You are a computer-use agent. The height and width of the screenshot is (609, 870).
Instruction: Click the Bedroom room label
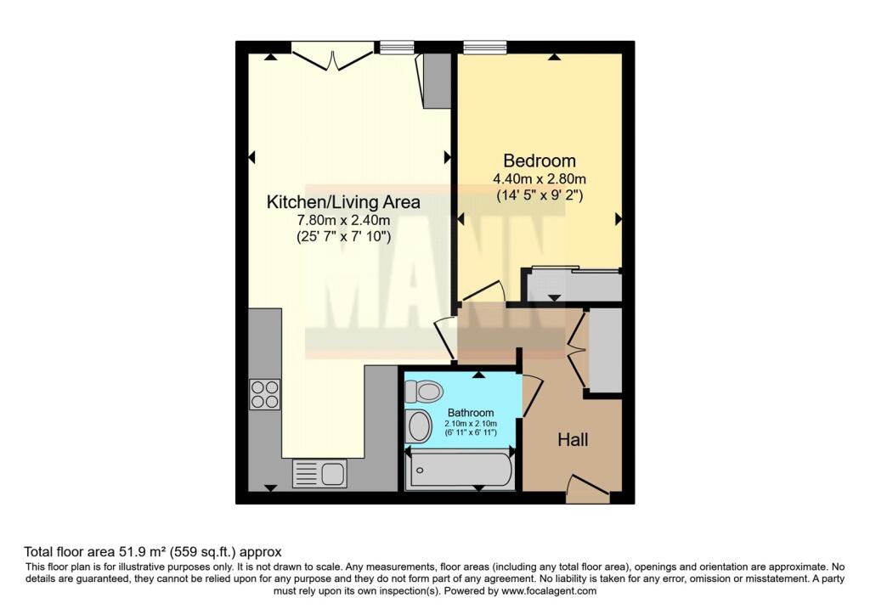tap(540, 161)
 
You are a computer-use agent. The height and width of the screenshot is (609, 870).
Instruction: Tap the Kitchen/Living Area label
tap(343, 202)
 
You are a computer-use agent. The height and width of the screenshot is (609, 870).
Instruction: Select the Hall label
tap(573, 440)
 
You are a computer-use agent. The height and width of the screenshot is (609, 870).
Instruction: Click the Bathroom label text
tap(471, 413)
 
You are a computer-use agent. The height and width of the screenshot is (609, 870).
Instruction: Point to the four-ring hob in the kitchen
tap(264, 394)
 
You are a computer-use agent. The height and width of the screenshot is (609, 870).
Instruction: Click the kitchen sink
tap(319, 473)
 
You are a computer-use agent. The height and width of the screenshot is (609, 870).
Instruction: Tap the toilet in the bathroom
tap(424, 391)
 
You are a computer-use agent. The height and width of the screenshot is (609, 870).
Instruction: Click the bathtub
tap(460, 470)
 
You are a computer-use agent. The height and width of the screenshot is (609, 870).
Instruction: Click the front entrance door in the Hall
tap(587, 488)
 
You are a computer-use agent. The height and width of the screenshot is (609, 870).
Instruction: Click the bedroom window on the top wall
tap(485, 47)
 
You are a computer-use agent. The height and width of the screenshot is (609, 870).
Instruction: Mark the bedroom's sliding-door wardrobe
tap(573, 285)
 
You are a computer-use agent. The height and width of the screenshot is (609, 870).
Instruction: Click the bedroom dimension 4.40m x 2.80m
tap(540, 179)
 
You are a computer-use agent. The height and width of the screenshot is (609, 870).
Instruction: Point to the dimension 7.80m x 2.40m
tap(343, 222)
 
